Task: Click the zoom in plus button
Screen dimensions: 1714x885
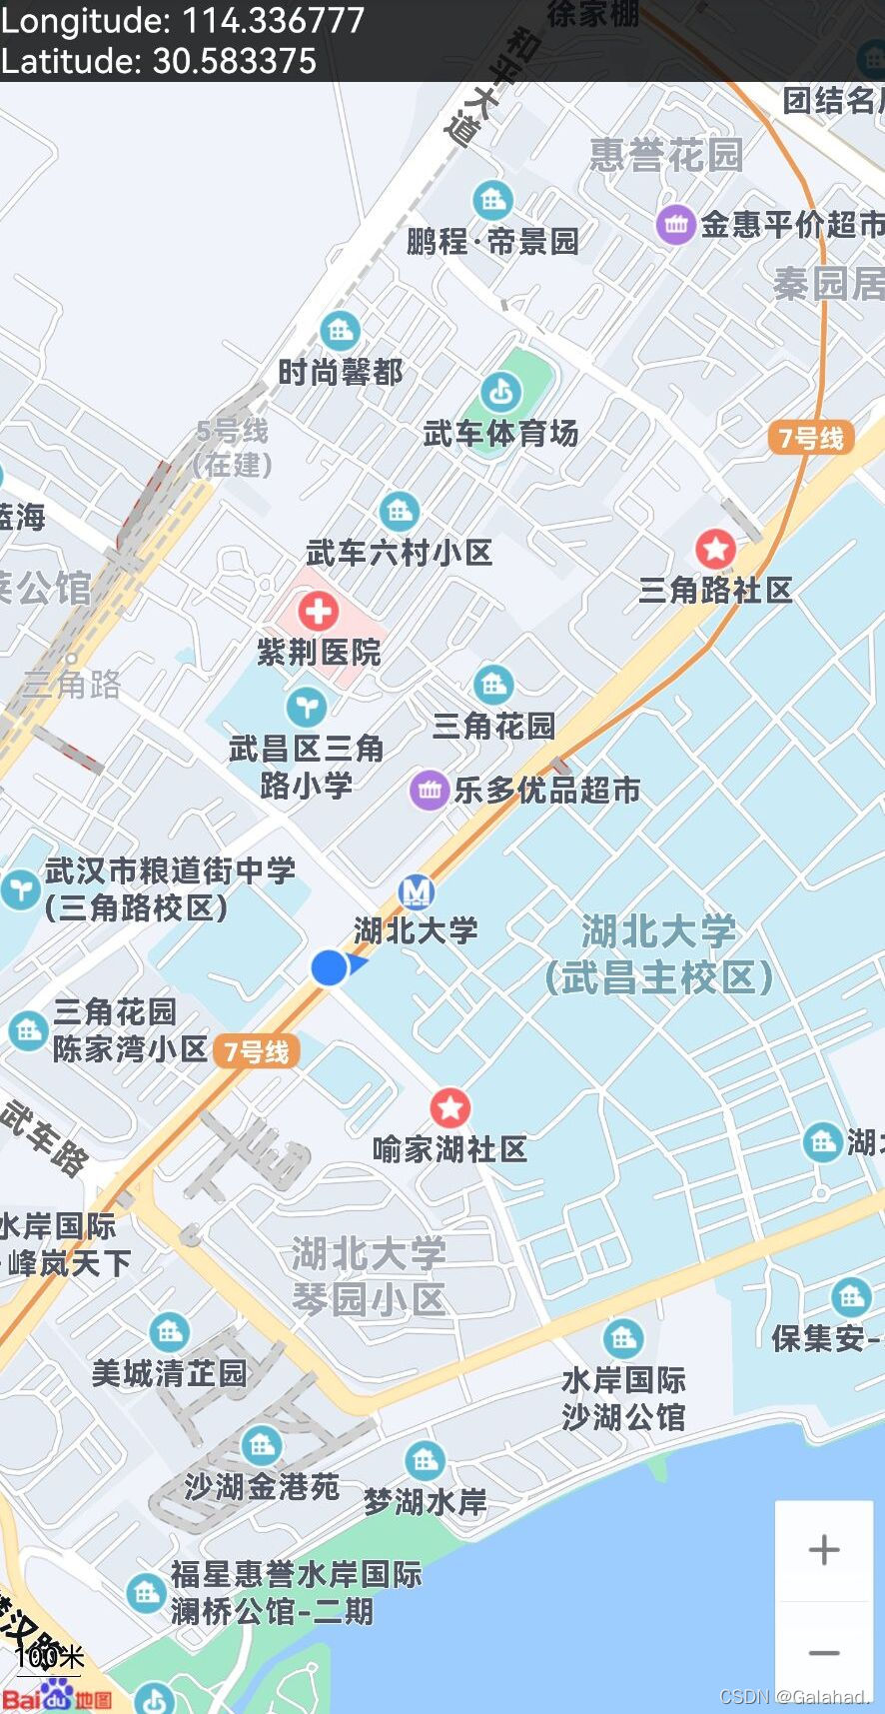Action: click(x=824, y=1550)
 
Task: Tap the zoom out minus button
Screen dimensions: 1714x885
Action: click(x=824, y=1653)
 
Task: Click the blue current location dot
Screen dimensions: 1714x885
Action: click(x=329, y=967)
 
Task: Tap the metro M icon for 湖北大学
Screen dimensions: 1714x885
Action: click(x=417, y=891)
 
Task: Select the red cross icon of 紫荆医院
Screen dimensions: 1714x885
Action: click(x=318, y=611)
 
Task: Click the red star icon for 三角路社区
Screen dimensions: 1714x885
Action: click(x=715, y=548)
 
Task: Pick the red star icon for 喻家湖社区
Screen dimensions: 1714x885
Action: click(x=449, y=1107)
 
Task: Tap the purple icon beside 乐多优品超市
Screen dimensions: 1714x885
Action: click(x=430, y=791)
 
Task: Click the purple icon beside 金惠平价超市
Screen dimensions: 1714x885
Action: click(x=675, y=225)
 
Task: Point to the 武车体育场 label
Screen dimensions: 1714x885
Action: click(x=500, y=434)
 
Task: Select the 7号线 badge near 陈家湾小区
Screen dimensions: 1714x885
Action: click(x=256, y=1051)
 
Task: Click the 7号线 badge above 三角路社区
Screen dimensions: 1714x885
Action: click(x=811, y=438)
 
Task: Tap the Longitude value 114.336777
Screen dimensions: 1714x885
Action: click(x=273, y=21)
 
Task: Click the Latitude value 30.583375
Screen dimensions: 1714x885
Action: click(x=235, y=62)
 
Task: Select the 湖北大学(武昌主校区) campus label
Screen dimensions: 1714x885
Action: click(x=659, y=954)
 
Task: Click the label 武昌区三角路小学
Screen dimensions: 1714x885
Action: click(x=306, y=767)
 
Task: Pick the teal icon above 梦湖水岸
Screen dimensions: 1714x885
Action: click(x=425, y=1460)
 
